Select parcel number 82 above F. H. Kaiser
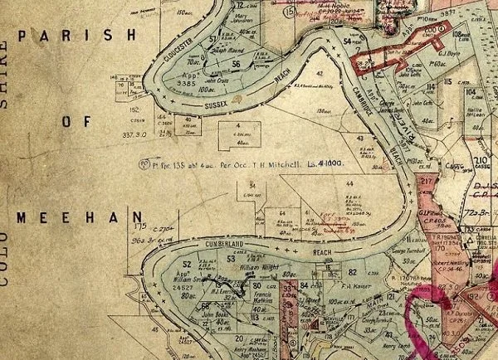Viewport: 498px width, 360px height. [x=352, y=272]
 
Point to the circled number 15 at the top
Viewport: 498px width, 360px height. [x=289, y=12]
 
